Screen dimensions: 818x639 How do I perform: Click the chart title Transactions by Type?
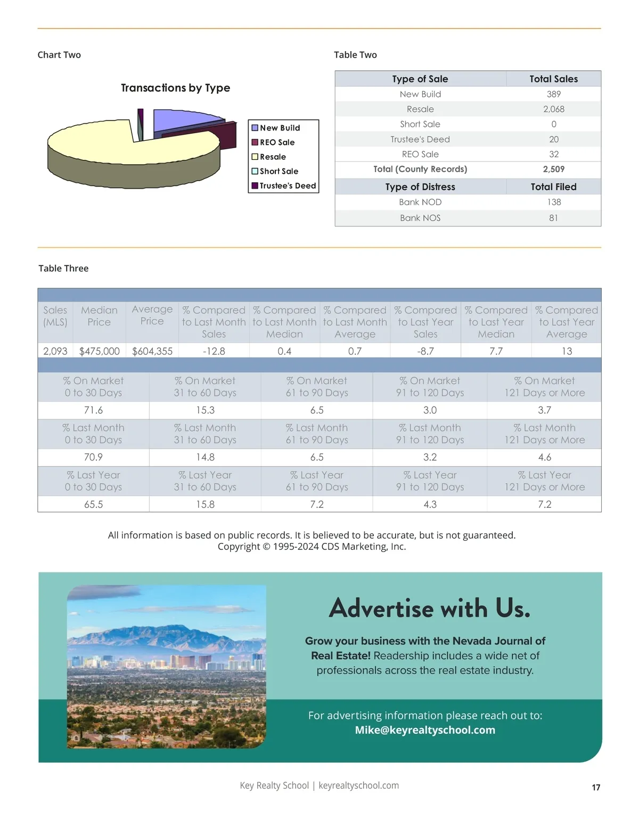pos(175,88)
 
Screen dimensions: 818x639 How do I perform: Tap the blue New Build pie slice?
pos(181,119)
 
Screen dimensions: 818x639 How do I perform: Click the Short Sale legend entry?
pos(278,171)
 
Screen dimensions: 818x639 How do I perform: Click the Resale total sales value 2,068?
pos(553,109)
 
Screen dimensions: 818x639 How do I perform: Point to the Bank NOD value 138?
pos(553,202)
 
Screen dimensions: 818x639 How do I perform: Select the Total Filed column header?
pos(553,187)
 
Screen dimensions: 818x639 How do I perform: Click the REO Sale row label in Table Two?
pos(420,154)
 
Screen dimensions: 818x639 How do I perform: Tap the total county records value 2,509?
pos(553,169)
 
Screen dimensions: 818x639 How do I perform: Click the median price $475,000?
pos(100,351)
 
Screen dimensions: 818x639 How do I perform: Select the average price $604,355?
pos(152,351)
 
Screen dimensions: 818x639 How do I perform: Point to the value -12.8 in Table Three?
pos(214,351)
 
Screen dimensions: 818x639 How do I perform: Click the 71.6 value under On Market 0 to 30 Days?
pos(93,410)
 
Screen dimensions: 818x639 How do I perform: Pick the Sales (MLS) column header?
pos(55,316)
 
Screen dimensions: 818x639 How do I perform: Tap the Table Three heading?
pos(63,269)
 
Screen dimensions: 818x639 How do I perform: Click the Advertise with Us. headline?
pos(429,608)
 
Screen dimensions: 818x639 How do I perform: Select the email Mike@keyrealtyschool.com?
pos(425,730)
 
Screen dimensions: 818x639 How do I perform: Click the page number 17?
pos(596,788)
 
